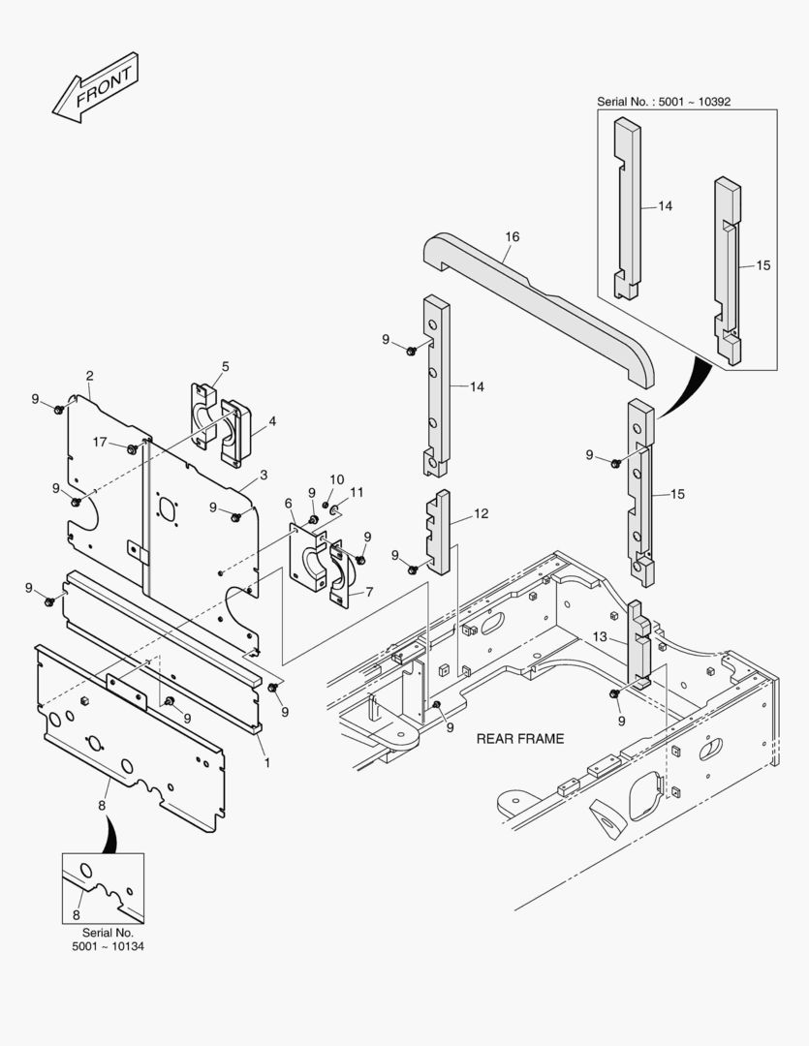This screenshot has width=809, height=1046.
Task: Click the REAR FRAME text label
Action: point(519,738)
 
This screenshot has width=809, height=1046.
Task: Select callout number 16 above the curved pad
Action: point(513,236)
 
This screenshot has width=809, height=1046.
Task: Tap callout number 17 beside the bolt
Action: point(101,443)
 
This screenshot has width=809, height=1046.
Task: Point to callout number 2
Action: point(89,376)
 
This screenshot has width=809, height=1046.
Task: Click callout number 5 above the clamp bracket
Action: point(225,367)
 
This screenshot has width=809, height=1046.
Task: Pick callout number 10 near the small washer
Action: point(336,479)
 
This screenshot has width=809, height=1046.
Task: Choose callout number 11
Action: point(357,493)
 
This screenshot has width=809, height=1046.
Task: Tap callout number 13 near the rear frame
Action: point(600,637)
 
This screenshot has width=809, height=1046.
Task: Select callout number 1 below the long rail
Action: point(267,762)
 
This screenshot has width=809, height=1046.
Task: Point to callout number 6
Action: point(289,503)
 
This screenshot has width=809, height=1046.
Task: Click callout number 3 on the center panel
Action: point(264,476)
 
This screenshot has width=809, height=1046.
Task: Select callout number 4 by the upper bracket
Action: point(272,421)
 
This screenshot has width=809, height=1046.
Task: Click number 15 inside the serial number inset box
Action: point(763,265)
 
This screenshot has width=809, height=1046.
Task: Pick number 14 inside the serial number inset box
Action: point(665,206)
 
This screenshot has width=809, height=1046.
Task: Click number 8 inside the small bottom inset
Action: point(77,914)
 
